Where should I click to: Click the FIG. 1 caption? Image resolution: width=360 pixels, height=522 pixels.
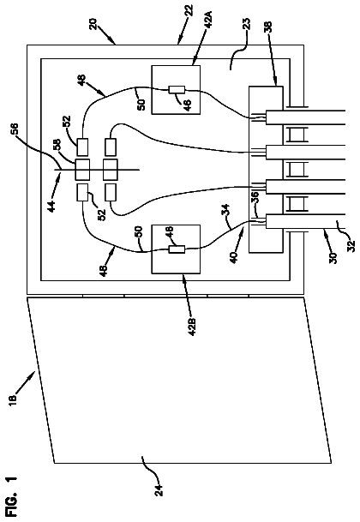[x=13, y=496]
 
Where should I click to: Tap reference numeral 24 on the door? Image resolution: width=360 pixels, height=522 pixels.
[x=159, y=489]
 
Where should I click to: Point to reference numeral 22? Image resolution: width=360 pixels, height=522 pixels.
[x=189, y=10]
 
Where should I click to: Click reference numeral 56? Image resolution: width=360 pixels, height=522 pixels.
[x=15, y=130]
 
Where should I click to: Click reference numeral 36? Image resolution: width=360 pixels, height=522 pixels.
[x=255, y=197]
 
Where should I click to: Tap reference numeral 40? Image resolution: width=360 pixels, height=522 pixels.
[x=235, y=256]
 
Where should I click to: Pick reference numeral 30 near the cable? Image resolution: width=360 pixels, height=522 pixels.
[x=334, y=257]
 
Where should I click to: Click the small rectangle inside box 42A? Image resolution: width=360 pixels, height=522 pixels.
[x=177, y=89]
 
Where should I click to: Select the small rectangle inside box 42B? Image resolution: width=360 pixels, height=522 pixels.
[x=177, y=249]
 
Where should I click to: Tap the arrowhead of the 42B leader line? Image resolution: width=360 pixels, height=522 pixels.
[x=184, y=276]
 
